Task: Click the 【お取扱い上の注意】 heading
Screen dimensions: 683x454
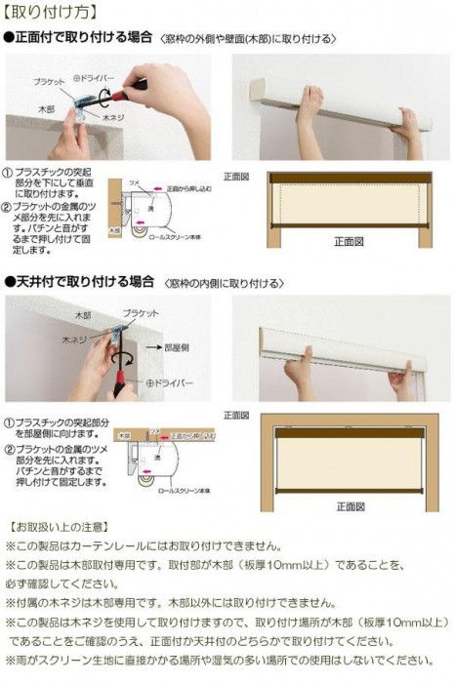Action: (55, 527)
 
